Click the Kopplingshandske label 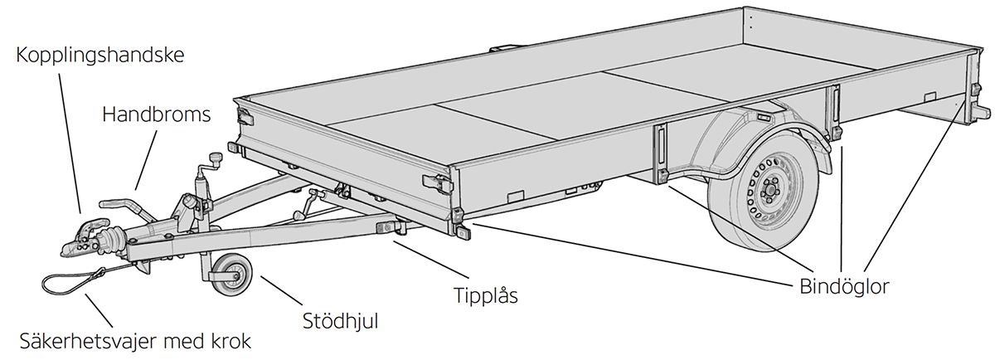pyautogui.click(x=99, y=56)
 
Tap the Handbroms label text pyautogui.click(x=156, y=114)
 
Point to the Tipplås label pyautogui.click(x=485, y=295)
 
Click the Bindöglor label pyautogui.click(x=844, y=286)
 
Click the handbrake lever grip pyautogui.click(x=116, y=202)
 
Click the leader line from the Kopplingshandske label pyautogui.click(x=70, y=141)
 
